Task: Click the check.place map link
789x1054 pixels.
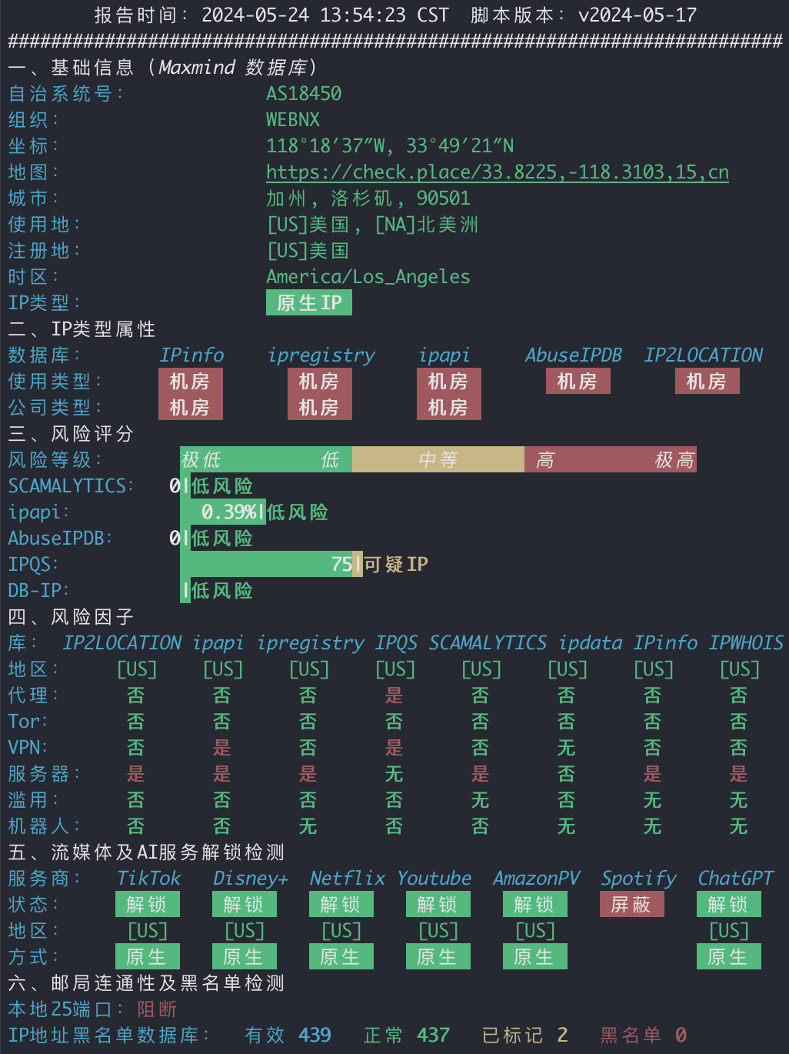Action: point(498,172)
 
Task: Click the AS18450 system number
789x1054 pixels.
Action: point(304,93)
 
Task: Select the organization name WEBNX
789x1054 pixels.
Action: point(293,119)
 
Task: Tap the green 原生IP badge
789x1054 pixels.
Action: point(309,302)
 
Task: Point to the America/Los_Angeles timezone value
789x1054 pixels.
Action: point(368,277)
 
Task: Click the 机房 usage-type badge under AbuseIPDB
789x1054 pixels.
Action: point(578,382)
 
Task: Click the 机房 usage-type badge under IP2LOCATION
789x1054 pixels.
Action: point(707,382)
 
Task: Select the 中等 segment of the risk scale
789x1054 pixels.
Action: point(438,459)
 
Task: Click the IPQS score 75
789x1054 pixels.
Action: point(341,564)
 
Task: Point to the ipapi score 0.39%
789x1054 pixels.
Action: point(229,512)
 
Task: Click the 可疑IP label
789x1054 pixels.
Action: point(396,564)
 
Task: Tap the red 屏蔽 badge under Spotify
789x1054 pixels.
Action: point(631,904)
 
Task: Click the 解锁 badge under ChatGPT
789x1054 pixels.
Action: point(728,904)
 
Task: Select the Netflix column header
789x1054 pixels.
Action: point(347,879)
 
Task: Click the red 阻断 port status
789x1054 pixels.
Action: point(157,1009)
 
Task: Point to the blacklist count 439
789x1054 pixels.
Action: point(315,1035)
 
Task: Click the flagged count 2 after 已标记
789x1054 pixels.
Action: point(562,1035)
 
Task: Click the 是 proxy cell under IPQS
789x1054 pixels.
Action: point(394,695)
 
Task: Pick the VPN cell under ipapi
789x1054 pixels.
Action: point(221,747)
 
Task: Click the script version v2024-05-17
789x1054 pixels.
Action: point(638,15)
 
